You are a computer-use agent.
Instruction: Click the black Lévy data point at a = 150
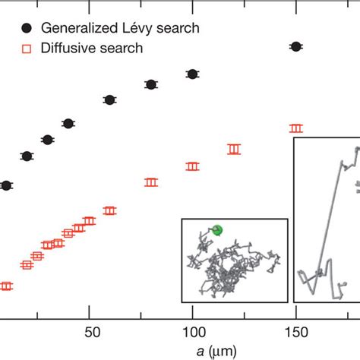[x=296, y=47]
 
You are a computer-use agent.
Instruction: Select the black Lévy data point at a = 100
[x=192, y=74]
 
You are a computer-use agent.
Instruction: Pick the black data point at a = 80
[x=151, y=84]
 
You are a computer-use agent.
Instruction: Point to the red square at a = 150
[x=296, y=128]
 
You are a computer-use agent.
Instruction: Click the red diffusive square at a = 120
[x=234, y=150]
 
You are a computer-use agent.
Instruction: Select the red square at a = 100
[x=192, y=166]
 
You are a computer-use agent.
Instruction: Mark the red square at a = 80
[x=151, y=182]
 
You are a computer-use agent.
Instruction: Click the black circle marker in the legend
[x=27, y=28]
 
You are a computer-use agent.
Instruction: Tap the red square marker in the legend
[x=27, y=48]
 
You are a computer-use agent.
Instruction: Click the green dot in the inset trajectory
[x=217, y=229]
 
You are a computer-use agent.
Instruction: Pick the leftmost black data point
[x=6, y=185]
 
